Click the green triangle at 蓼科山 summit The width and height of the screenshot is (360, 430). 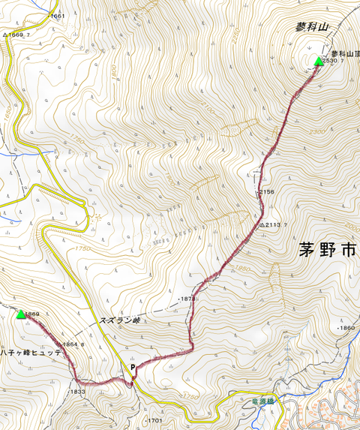click(x=318, y=62)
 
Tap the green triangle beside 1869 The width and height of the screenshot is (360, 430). click(x=21, y=314)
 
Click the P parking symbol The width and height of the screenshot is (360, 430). click(x=133, y=368)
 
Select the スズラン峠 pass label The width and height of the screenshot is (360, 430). click(x=120, y=320)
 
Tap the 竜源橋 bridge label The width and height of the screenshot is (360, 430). click(x=256, y=401)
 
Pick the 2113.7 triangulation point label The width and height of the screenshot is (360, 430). click(x=275, y=224)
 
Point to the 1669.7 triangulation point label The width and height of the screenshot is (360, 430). click(x=19, y=35)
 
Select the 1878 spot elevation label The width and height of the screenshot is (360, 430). click(x=187, y=299)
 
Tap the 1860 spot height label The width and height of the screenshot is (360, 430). click(x=346, y=329)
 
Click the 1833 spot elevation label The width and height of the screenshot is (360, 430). click(x=76, y=392)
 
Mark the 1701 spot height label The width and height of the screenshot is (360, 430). click(x=154, y=419)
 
